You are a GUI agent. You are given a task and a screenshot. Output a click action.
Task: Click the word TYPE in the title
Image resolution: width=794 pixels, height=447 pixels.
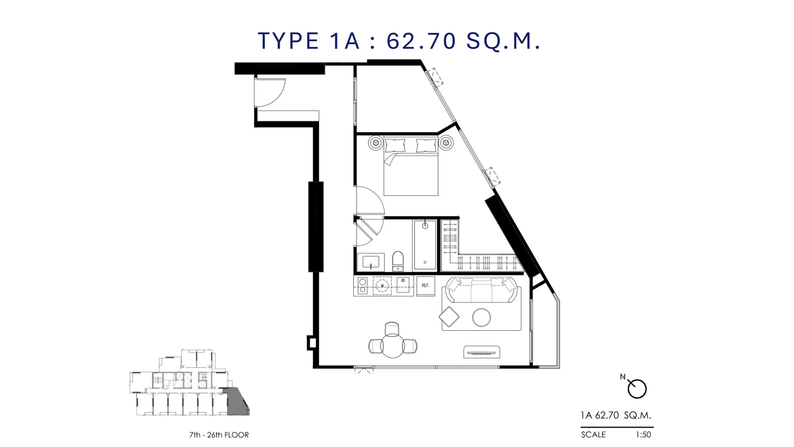pos(288,41)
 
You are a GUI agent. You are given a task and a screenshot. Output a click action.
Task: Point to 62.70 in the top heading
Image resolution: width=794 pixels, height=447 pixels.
pos(421,41)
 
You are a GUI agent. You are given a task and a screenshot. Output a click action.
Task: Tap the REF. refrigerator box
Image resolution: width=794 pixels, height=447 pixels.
pos(426,286)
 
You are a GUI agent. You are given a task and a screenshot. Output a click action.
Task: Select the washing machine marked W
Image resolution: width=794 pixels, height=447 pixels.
pos(382,286)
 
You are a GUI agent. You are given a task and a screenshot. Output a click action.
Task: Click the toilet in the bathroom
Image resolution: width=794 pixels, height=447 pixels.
pos(398,261)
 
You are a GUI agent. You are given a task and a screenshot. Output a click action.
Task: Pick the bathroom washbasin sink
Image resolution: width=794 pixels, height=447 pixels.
pos(371,262)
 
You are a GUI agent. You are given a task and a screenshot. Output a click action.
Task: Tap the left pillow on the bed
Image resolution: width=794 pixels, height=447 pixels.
pos(395,145)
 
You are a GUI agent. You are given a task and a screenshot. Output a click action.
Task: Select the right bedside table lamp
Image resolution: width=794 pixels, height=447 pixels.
pos(446,143)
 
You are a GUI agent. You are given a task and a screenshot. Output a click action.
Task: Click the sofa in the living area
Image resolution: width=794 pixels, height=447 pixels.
pos(482,290)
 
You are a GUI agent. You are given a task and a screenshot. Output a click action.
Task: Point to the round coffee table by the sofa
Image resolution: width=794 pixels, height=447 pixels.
pos(482,317)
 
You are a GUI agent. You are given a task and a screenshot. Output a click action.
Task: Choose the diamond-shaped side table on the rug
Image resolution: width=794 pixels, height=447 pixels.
pos(449,317)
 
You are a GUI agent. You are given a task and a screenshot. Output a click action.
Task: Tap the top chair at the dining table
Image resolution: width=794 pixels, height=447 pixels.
pos(392,329)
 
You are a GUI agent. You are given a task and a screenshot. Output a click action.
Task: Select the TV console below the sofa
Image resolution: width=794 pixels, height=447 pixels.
pos(482,352)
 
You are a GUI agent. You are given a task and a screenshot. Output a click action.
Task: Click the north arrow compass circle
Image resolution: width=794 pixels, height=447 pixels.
pos(637,389)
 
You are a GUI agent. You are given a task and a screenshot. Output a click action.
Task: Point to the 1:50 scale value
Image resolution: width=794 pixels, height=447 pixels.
pos(644,435)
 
